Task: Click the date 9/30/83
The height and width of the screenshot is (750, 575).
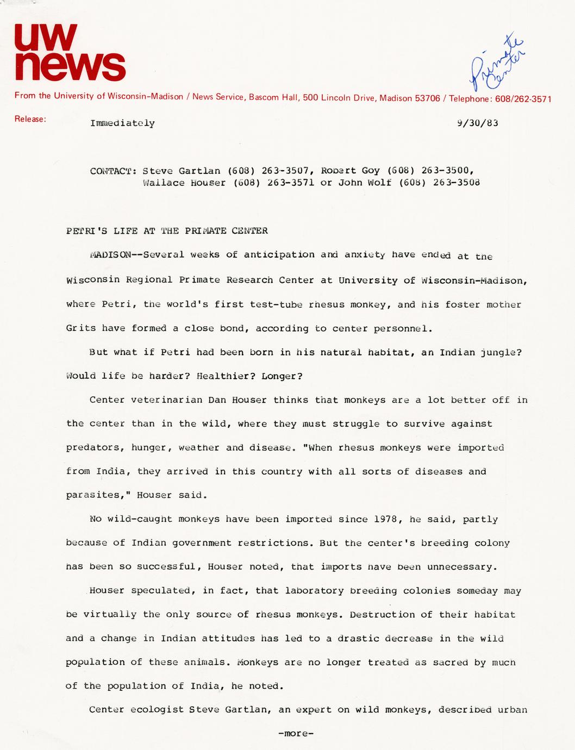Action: click(x=478, y=123)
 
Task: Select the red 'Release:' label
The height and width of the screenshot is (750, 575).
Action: click(x=30, y=119)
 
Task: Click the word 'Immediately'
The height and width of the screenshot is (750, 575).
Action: click(x=122, y=123)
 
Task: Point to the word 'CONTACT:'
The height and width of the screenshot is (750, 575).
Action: click(x=113, y=171)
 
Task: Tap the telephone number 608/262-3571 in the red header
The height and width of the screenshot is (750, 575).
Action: click(x=523, y=99)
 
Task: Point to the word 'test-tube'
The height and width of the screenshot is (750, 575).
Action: click(x=276, y=304)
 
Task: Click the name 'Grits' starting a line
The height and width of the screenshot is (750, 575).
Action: click(x=81, y=328)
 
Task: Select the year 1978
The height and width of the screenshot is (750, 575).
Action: click(x=388, y=519)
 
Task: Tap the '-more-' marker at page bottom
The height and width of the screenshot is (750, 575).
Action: click(x=296, y=734)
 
